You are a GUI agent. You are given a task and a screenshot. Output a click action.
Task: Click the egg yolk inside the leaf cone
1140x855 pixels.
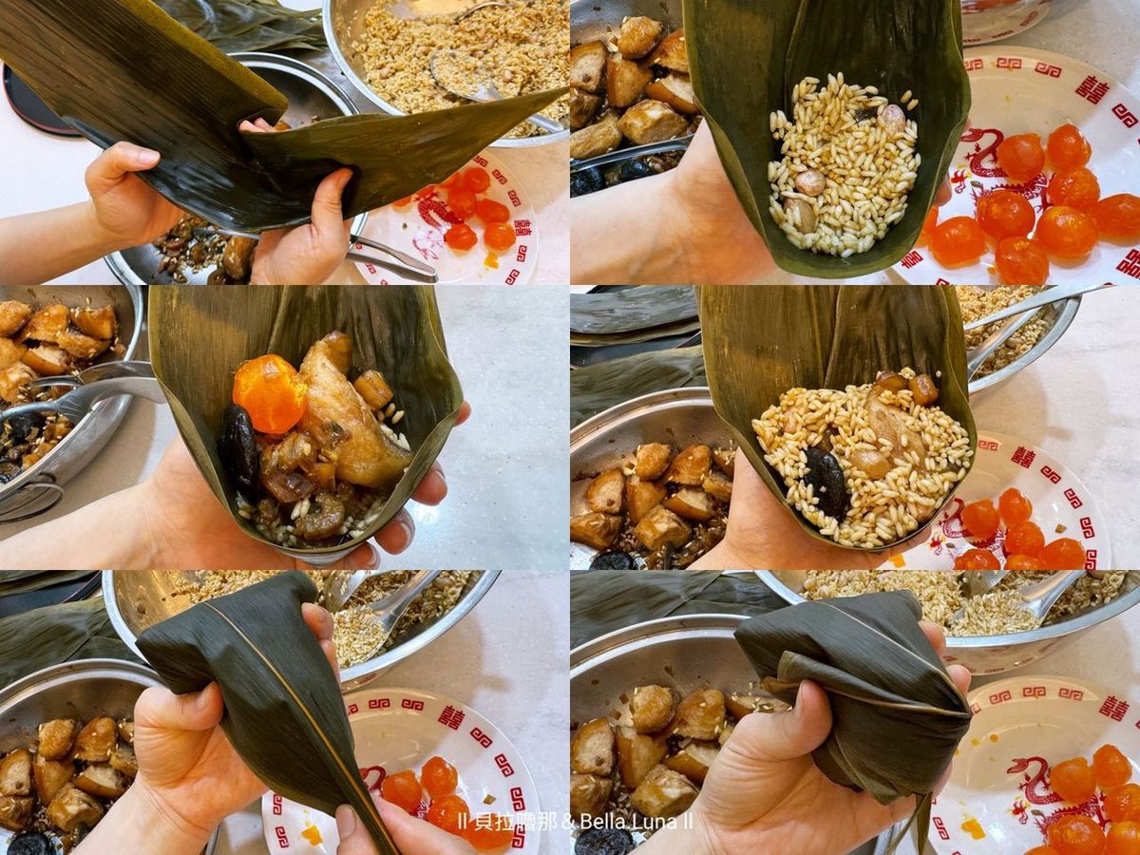coord(263,393)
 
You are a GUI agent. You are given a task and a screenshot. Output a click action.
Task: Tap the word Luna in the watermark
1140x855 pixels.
coord(654,822)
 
